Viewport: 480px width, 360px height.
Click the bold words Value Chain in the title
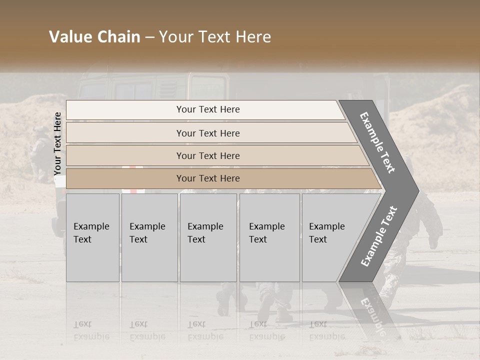click(x=94, y=37)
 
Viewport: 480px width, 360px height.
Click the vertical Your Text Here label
click(x=57, y=144)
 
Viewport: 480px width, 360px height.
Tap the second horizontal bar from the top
click(x=207, y=133)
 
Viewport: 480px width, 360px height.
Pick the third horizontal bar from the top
click(x=207, y=155)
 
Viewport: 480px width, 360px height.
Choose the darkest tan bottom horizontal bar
click(x=207, y=178)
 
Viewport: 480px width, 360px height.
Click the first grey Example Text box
click(x=92, y=237)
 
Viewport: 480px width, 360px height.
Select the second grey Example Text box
click(x=149, y=237)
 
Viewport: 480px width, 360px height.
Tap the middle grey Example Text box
click(x=208, y=237)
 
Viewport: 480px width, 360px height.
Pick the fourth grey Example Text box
click(x=269, y=237)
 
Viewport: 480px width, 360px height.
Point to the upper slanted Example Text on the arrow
click(x=377, y=142)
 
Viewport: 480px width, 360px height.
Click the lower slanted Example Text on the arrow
click(x=379, y=236)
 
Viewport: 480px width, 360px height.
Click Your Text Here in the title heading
click(x=215, y=37)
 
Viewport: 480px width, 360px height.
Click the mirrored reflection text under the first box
click(x=91, y=330)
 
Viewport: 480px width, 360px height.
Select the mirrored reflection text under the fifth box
click(x=327, y=330)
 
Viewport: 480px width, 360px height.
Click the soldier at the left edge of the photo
click(x=40, y=150)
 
